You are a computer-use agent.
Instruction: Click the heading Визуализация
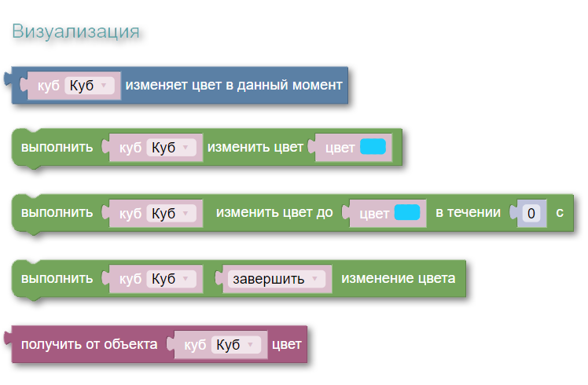[x=75, y=31]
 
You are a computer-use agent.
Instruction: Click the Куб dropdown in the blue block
[x=90, y=86]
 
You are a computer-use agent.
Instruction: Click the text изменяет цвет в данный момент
[x=233, y=85]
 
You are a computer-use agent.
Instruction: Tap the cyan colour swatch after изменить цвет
[x=373, y=147]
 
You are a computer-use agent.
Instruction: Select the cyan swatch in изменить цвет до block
[x=407, y=213]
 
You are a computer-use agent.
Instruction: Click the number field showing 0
[x=531, y=213]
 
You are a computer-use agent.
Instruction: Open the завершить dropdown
[x=277, y=279]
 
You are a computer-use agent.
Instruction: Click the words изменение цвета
[x=399, y=278]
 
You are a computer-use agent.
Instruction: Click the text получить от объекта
[x=90, y=344]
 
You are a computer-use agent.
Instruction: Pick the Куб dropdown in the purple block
[x=236, y=345]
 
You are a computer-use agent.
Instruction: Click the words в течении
[x=468, y=213]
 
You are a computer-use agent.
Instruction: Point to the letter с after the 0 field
[x=560, y=213]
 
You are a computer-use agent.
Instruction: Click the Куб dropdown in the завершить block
[x=171, y=279]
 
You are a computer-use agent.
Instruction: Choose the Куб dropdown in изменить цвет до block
[x=171, y=213]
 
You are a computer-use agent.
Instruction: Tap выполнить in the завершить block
[x=57, y=278]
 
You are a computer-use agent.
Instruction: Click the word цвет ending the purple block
[x=286, y=344]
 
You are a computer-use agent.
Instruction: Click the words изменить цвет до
[x=274, y=213]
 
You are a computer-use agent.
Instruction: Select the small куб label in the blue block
[x=49, y=86]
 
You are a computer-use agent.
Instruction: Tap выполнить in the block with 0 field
[x=57, y=213]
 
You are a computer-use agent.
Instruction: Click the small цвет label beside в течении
[x=374, y=214]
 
